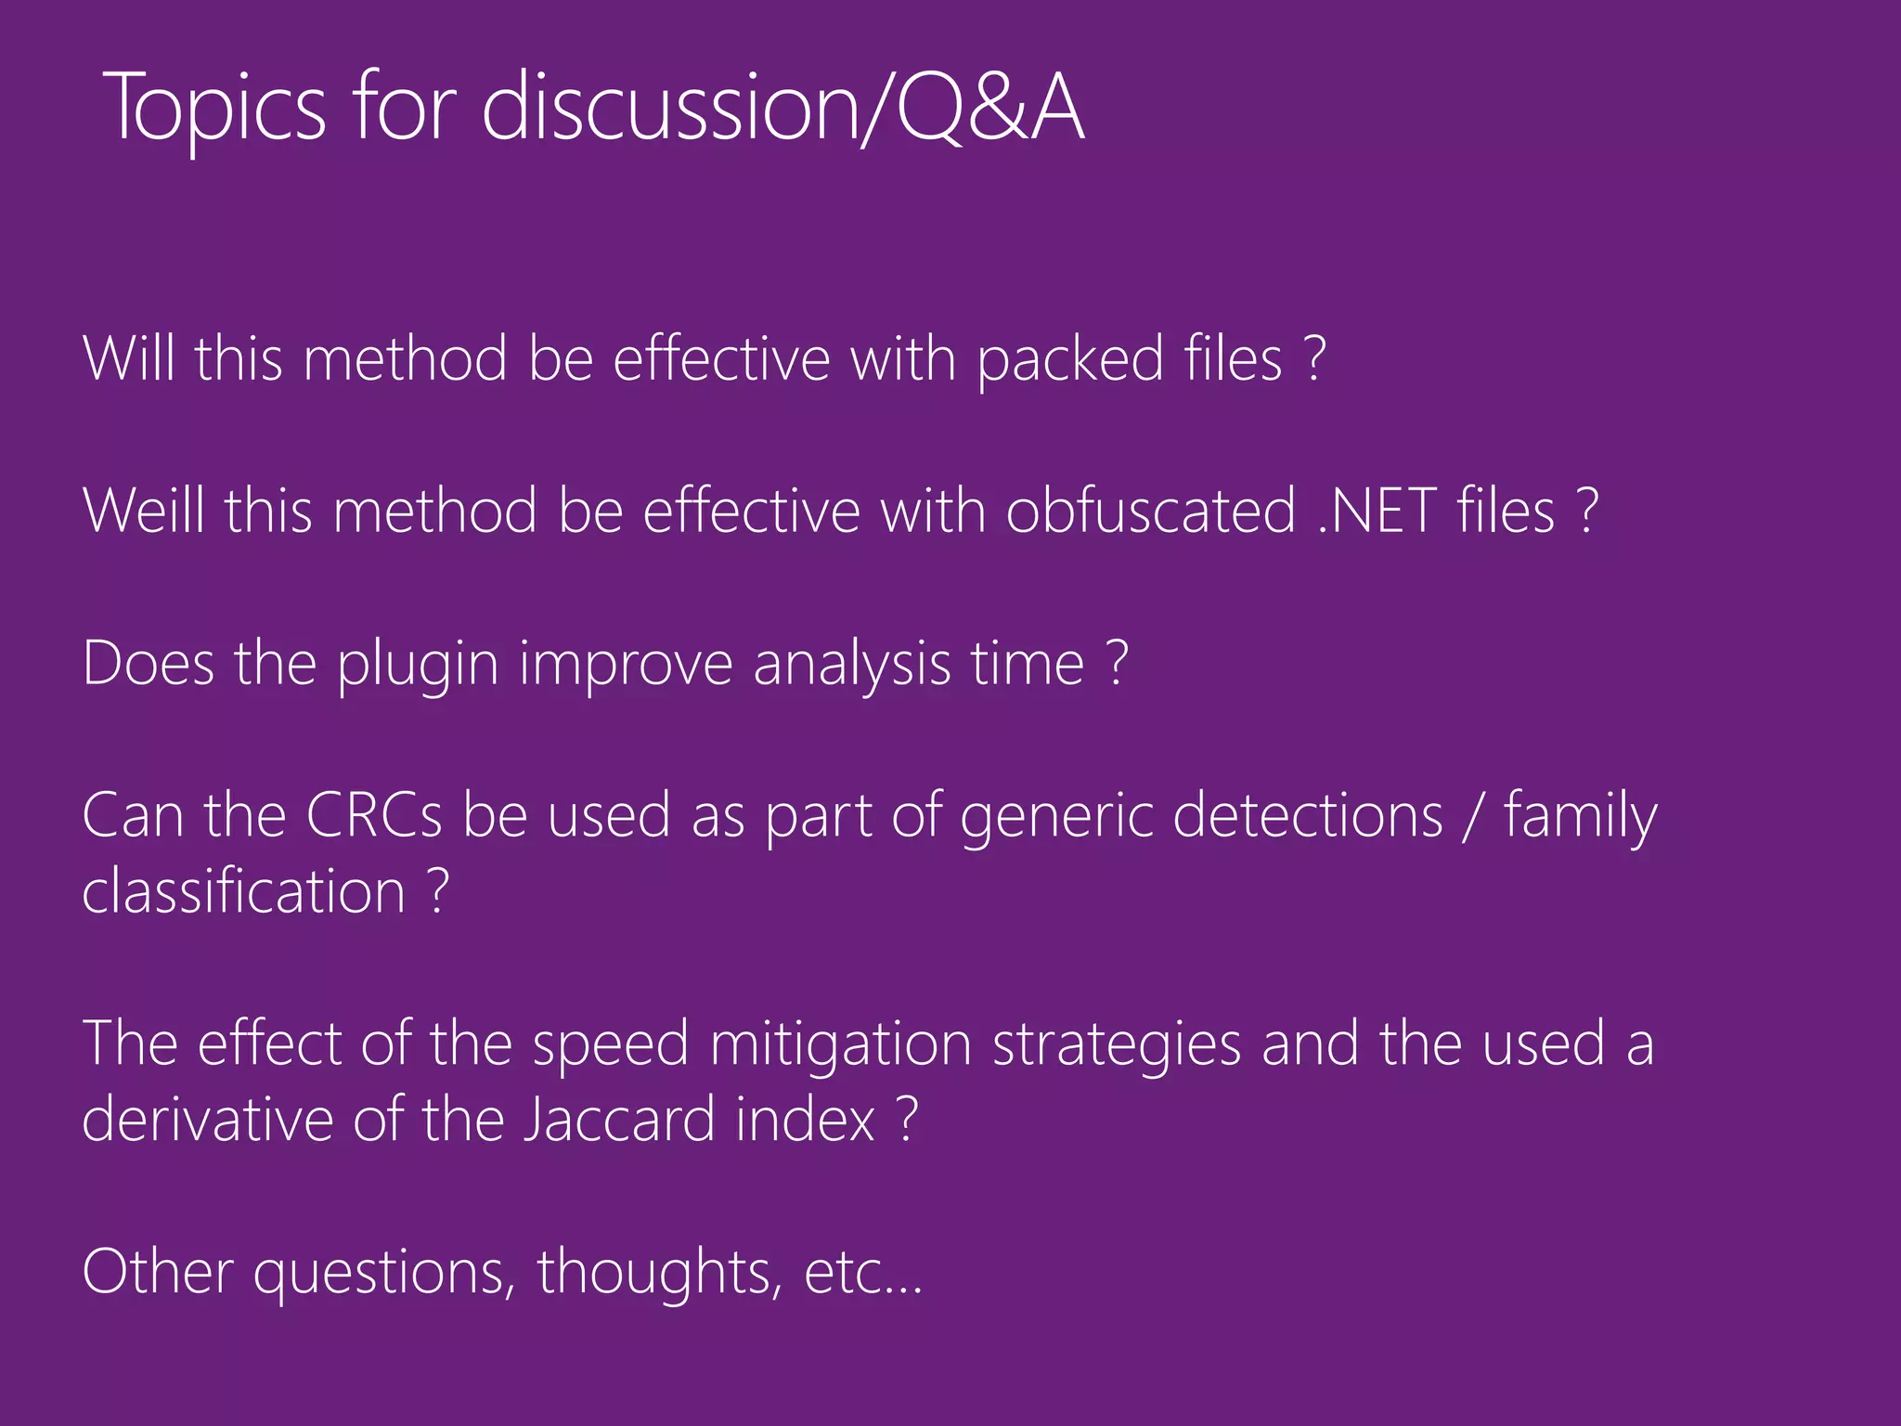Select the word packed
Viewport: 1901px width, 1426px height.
click(x=1070, y=359)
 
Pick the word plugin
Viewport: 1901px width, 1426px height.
click(x=418, y=665)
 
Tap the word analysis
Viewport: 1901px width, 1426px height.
click(x=852, y=665)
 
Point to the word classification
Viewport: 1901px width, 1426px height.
click(x=244, y=891)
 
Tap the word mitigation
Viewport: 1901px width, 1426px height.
click(x=840, y=1044)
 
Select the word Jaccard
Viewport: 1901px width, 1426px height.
click(x=619, y=1119)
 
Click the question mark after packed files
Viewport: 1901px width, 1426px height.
click(x=1313, y=359)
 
